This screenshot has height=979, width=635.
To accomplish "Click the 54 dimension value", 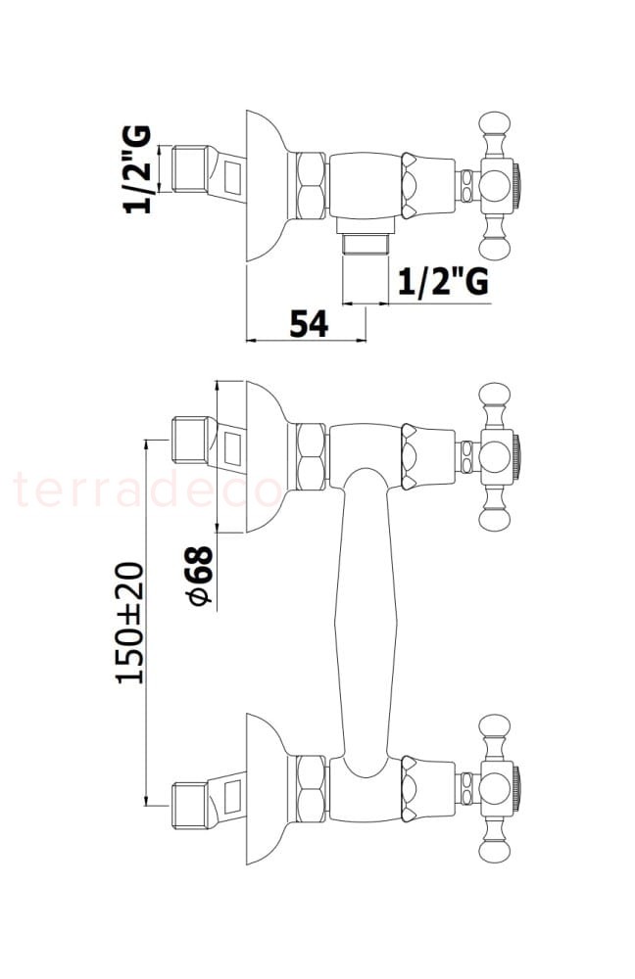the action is coord(309,323).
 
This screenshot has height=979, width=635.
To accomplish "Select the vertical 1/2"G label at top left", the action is coord(137,169).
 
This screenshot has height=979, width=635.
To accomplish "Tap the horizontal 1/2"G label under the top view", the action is coord(443,282).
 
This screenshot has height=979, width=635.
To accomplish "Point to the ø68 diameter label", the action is coord(199,576).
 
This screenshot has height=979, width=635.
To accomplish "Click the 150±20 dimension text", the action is coord(130,623).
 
